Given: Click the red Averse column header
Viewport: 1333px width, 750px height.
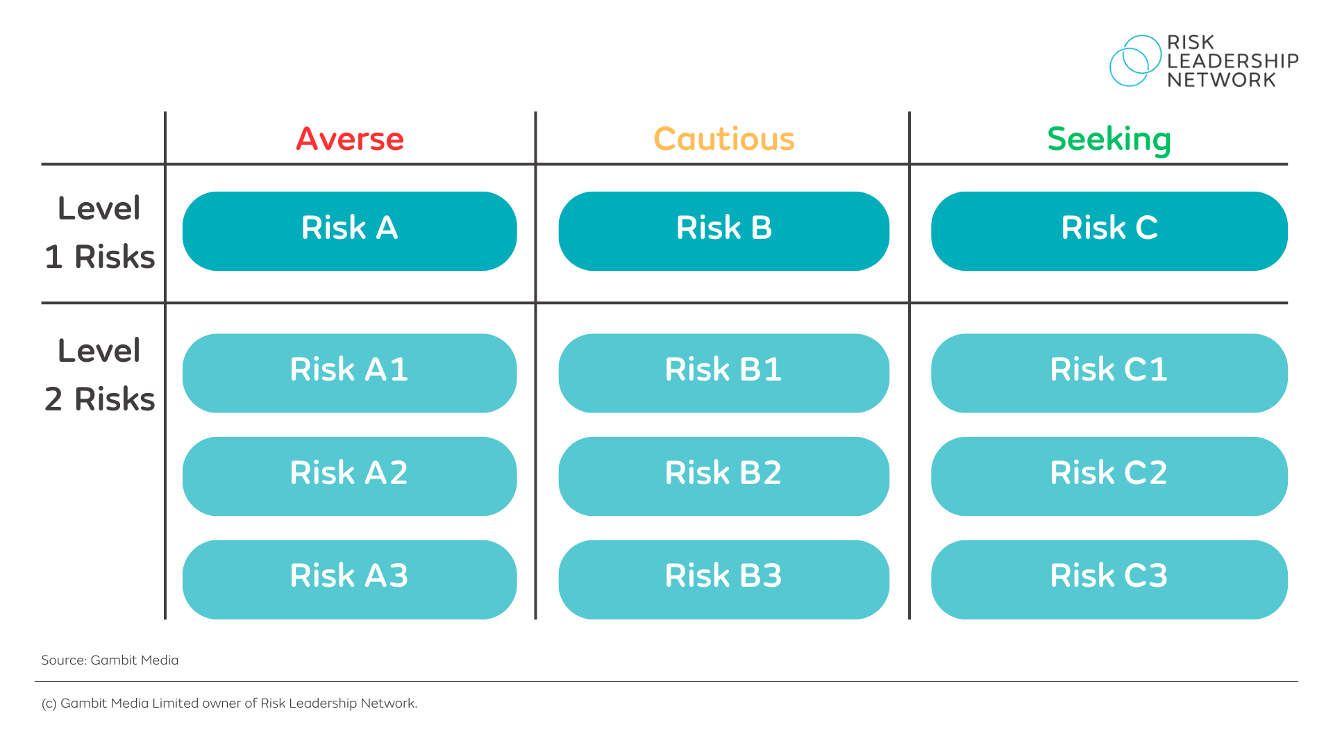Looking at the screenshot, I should (350, 139).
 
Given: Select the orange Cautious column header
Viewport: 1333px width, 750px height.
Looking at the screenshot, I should (723, 139).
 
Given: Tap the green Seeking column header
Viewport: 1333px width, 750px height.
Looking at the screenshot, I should (1109, 140).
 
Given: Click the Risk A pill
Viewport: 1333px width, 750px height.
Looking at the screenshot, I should (349, 231).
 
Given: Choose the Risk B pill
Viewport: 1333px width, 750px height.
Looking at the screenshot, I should (723, 231).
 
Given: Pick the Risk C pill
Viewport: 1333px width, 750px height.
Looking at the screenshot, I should (1109, 231).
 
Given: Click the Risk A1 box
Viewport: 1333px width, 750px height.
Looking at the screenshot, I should (349, 373).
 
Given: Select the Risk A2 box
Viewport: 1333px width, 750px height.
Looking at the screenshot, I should (349, 476).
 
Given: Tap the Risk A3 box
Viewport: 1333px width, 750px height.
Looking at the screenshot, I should (349, 579).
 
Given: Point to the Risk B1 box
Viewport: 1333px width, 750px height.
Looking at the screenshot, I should (723, 373).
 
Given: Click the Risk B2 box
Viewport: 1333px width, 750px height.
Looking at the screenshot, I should (723, 476).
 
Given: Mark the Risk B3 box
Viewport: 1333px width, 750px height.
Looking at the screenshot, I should (723, 579).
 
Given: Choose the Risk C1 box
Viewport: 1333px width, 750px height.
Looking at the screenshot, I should (1109, 373).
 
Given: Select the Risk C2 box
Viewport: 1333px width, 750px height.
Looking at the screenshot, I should (1109, 476).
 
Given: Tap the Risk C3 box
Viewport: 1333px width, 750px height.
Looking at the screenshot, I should (1109, 579).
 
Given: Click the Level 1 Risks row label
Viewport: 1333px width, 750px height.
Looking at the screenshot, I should (100, 233).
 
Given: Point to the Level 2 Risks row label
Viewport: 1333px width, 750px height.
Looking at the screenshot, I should (100, 375).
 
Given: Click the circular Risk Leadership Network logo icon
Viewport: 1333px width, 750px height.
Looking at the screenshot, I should (1134, 61).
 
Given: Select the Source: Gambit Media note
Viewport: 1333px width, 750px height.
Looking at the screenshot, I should (110, 660).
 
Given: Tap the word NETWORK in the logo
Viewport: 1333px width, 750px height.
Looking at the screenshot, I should (1221, 81).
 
